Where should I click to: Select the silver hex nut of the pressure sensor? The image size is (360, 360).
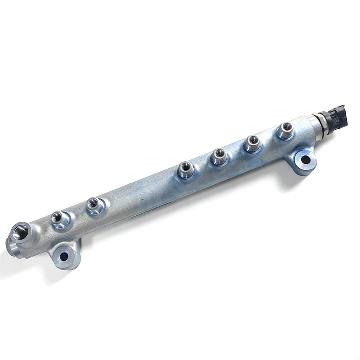[322, 121]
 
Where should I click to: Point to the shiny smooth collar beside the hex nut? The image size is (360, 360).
[314, 122]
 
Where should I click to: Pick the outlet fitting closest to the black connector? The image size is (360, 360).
[285, 131]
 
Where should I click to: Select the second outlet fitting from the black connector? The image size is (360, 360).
[252, 143]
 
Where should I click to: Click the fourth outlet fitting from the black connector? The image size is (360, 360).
[186, 169]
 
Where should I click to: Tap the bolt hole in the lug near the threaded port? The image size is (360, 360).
[64, 256]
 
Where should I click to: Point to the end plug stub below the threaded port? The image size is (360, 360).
[11, 246]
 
